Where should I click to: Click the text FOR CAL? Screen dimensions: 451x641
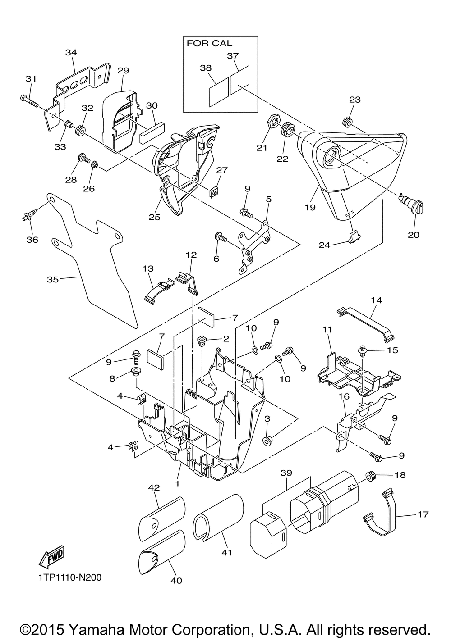(x=209, y=44)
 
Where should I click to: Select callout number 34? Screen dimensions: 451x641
(x=71, y=52)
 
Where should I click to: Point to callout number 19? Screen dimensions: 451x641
(x=310, y=207)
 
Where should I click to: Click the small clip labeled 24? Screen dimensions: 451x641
(x=354, y=237)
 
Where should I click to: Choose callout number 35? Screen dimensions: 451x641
(x=53, y=279)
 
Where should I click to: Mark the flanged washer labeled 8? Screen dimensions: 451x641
(x=135, y=372)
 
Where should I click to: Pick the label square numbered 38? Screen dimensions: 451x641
(x=219, y=92)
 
